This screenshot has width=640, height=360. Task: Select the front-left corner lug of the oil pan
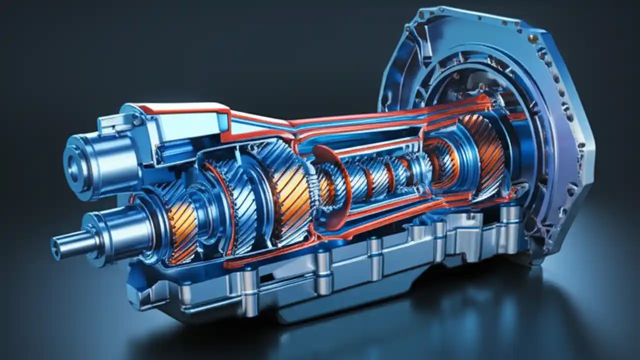[137, 295]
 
